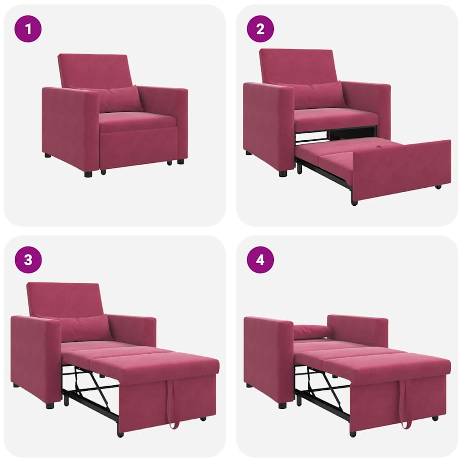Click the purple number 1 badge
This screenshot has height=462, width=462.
click(x=28, y=29)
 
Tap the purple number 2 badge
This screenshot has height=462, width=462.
click(x=260, y=29)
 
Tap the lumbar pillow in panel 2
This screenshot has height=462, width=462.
click(x=319, y=95)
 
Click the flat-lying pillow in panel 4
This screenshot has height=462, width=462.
click(x=311, y=332)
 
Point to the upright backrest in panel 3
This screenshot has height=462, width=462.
click(x=63, y=299)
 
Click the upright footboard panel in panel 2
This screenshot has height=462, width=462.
click(x=402, y=169)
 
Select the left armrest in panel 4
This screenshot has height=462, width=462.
click(x=268, y=359)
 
